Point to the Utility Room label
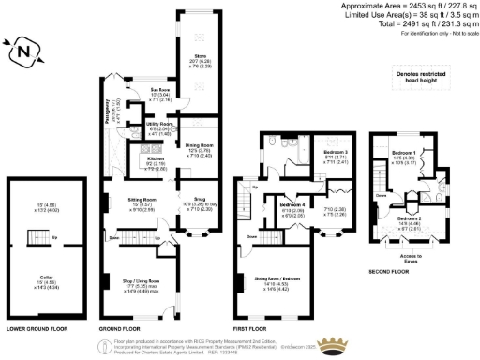135,124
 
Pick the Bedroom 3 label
336,151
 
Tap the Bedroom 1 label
404,153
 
